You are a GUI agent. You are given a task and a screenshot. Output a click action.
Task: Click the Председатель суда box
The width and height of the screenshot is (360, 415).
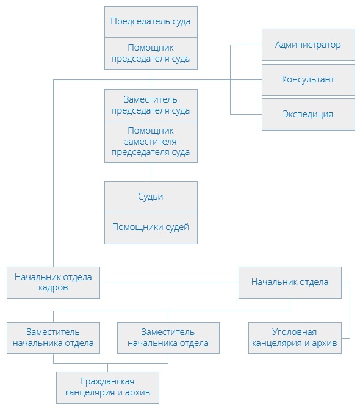click(151, 22)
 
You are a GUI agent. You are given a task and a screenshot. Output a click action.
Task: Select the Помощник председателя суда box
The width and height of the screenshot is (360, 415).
click(151, 54)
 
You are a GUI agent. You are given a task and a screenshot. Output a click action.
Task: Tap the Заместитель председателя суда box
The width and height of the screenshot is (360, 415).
click(151, 106)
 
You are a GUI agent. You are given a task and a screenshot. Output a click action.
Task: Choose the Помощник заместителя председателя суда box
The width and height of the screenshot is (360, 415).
click(151, 142)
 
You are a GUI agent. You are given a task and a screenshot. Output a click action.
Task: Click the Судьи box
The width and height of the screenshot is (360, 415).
click(151, 197)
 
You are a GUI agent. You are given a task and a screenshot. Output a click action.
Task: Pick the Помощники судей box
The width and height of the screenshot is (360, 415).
click(151, 228)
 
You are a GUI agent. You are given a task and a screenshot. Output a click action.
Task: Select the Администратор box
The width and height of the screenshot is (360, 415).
click(308, 45)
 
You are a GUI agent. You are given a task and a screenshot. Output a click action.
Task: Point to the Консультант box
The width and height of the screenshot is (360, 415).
click(308, 80)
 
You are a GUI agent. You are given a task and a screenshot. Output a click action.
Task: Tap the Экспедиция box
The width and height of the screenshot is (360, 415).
click(308, 114)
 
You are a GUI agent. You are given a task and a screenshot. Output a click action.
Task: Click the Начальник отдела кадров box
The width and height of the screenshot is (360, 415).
click(53, 283)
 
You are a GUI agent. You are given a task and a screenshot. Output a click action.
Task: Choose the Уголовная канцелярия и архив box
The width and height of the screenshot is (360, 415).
click(295, 338)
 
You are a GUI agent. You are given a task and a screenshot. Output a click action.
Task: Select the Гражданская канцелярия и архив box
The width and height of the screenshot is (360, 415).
click(108, 388)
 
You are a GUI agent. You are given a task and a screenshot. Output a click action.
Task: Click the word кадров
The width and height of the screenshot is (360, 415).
click(53, 287)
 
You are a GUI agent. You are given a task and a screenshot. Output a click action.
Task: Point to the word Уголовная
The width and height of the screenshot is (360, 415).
click(294, 332)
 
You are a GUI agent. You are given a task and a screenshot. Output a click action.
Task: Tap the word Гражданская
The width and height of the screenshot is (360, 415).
click(107, 381)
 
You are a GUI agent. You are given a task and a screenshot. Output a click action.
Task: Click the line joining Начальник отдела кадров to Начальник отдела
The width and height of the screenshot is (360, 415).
click(169, 283)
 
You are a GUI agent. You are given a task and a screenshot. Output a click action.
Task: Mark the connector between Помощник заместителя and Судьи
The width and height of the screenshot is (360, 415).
click(151, 172)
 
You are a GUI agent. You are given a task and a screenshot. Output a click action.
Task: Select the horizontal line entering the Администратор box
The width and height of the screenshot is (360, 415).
click(246, 45)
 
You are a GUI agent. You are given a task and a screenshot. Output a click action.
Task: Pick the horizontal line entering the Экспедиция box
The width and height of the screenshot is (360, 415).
click(246, 114)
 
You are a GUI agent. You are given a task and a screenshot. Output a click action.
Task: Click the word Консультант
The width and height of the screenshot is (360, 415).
click(308, 79)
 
